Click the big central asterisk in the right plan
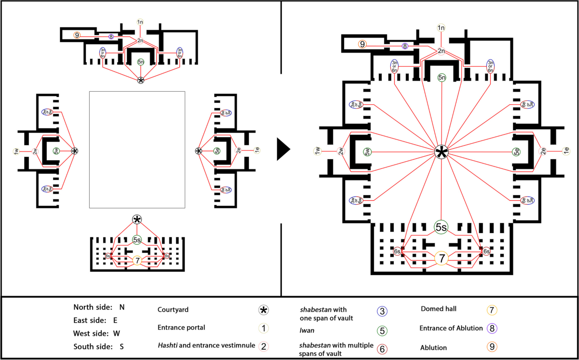(x=441, y=152)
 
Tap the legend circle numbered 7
(x=493, y=309)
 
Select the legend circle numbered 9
(x=493, y=346)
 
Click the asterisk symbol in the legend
(x=263, y=309)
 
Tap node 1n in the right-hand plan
(x=441, y=28)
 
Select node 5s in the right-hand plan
(x=441, y=227)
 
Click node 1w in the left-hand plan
(x=16, y=152)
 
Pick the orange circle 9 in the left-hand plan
(x=77, y=35)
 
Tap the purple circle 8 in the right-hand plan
(x=405, y=46)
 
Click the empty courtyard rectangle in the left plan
(x=137, y=150)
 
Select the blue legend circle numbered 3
(x=382, y=311)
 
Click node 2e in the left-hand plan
(x=239, y=151)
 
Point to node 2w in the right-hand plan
(x=341, y=152)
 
